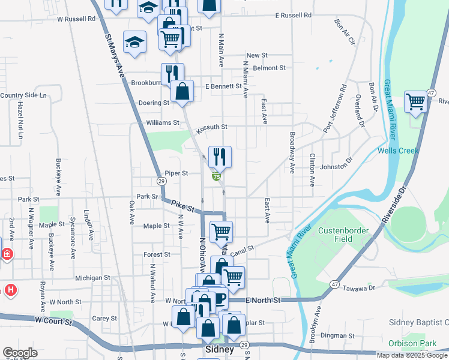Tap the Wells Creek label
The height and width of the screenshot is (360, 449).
coord(397,151)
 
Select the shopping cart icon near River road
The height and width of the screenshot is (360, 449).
coord(415,102)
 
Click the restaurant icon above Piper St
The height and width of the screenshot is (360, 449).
coord(220,157)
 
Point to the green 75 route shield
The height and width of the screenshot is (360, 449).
coord(216,176)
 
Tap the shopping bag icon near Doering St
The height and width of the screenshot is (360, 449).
coord(182,92)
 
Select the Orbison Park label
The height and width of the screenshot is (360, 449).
coord(420,344)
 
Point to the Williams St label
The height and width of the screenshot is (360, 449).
coord(163,122)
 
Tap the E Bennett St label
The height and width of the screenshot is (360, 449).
coord(223,87)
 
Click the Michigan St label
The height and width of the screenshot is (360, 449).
coord(92,278)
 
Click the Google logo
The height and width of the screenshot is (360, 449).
coord(20,353)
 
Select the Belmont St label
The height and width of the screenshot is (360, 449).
coord(268,68)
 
